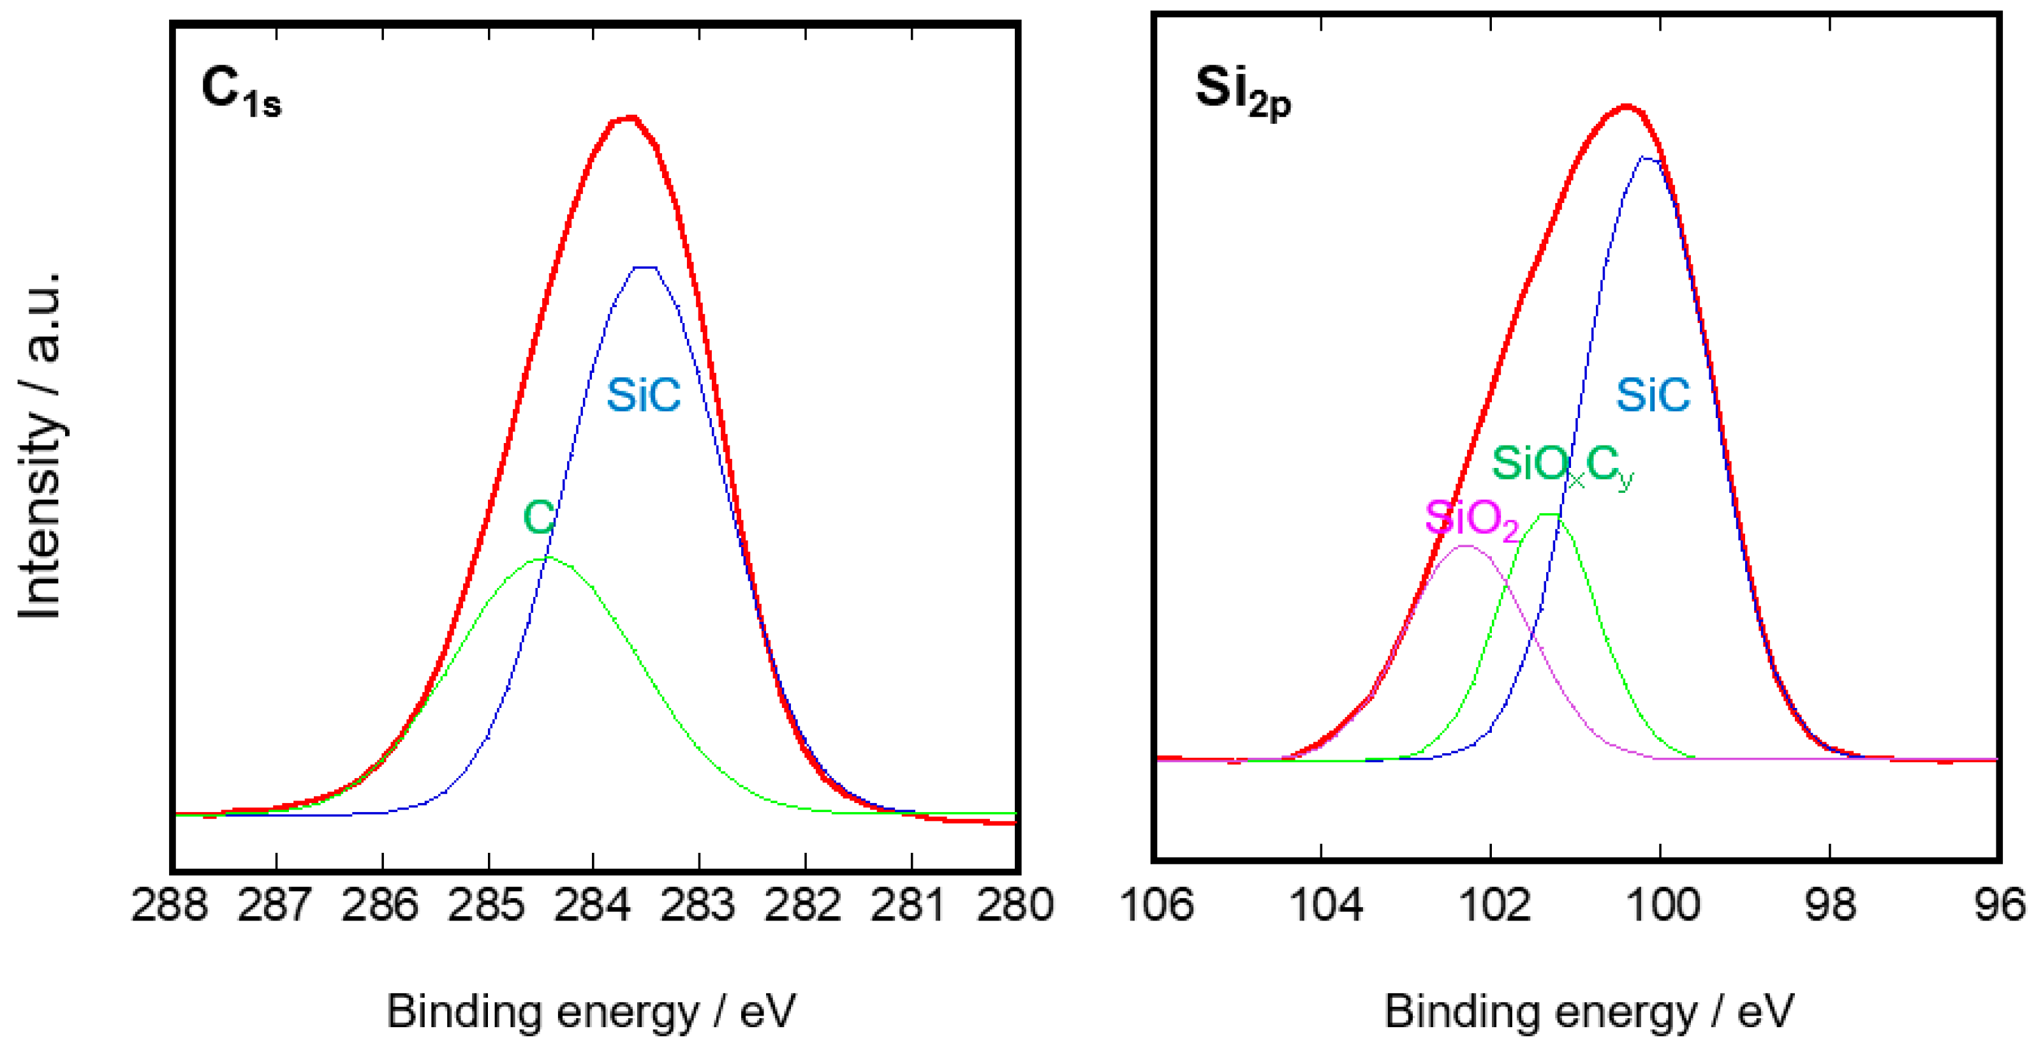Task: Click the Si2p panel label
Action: point(1243,92)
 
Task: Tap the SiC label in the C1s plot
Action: point(643,395)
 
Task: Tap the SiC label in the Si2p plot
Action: point(1653,395)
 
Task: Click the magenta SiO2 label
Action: point(1471,520)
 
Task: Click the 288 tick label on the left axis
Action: point(170,905)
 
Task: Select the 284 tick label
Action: point(593,905)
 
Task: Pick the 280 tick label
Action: point(1015,905)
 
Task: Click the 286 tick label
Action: point(381,905)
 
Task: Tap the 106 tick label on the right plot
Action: point(1156,905)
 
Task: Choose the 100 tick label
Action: point(1663,905)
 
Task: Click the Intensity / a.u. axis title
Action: point(40,444)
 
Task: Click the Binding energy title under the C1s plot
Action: point(591,1012)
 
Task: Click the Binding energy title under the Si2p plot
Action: point(1589,1012)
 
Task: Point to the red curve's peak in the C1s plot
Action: point(631,118)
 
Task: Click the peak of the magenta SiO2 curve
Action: point(1466,546)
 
